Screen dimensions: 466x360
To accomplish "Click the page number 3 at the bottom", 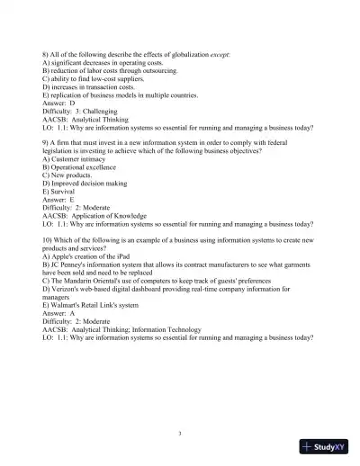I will (180, 433).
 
